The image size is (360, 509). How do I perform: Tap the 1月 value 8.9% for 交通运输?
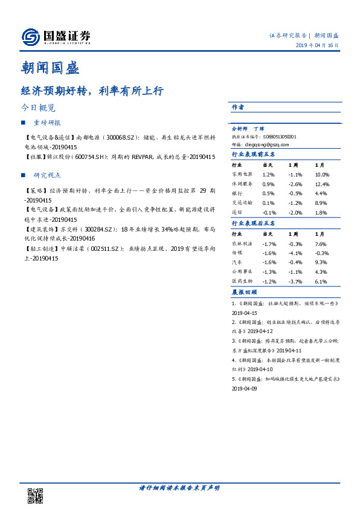coord(321,203)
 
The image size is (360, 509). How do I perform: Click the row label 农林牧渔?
coord(242,244)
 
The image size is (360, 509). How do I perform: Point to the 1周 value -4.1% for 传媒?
coord(294,253)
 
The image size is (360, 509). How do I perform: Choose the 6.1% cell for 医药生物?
coord(321,282)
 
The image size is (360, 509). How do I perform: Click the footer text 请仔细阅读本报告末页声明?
coord(179,487)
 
